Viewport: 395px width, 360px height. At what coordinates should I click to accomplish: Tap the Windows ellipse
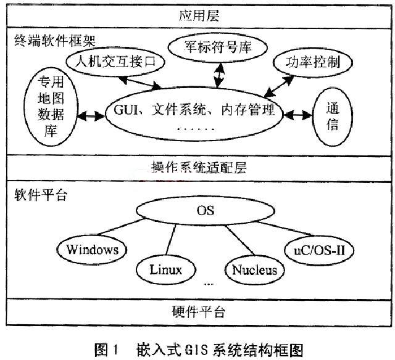(92, 249)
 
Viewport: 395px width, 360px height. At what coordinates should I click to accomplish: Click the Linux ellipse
(165, 269)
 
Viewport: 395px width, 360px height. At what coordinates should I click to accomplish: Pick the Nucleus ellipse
(254, 269)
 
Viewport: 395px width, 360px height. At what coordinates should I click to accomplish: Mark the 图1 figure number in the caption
(102, 350)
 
